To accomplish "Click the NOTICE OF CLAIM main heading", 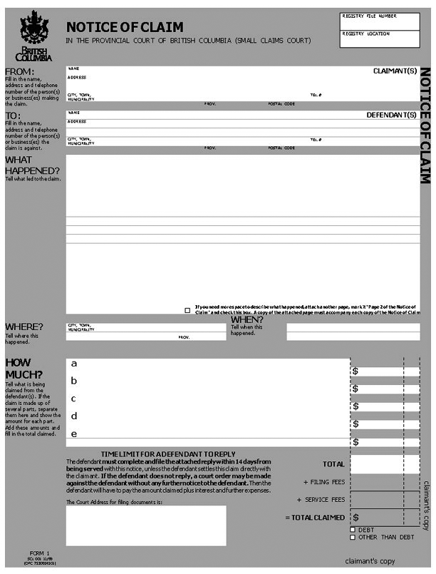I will (125, 27).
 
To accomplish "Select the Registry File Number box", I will (380, 21).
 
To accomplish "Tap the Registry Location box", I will (380, 40).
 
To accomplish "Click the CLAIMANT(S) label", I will (395, 71).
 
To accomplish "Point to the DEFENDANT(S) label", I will (391, 115).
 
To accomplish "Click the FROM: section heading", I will (19, 72).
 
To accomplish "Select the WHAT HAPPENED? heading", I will (32, 165).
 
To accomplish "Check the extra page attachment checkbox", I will (187, 310).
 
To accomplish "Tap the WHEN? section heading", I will (246, 319).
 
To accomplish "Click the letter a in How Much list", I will (73, 363).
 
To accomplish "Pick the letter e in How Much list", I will (74, 434).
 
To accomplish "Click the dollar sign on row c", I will (355, 406).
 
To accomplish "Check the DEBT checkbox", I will (353, 530).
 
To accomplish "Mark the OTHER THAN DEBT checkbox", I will (353, 537).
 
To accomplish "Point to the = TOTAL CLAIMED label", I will (315, 517).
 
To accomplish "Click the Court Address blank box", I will (146, 526).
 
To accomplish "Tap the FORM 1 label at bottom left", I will (40, 553).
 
